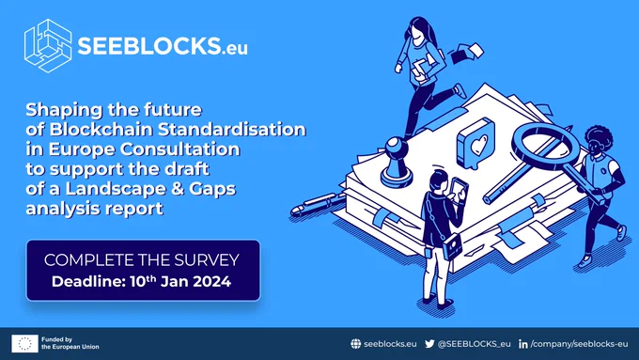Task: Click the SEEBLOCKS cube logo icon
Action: pos(48,46)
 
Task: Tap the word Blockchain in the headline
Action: pos(101,129)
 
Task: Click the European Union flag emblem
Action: pos(24,343)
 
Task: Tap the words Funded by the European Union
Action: pos(70,343)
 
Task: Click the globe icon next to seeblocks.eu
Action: pos(356,344)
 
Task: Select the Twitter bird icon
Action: pos(429,344)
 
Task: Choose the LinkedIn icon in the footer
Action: pos(523,344)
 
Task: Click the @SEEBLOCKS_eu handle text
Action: pos(474,344)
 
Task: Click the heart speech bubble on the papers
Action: pos(475,144)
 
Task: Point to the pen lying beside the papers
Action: pos(318,203)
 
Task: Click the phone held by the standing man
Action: pos(460,188)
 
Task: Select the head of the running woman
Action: pos(419,29)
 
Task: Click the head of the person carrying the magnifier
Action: pos(597,142)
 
